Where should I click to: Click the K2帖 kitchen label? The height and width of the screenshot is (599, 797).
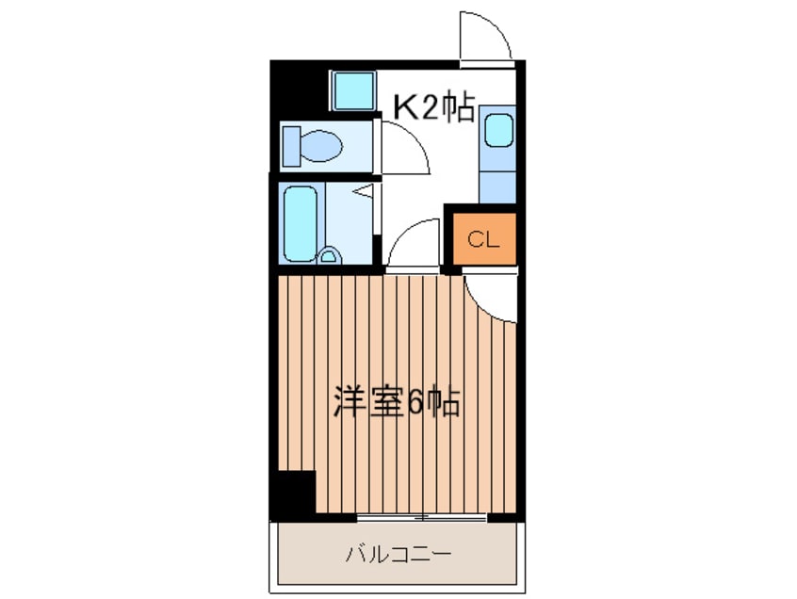pos(432,108)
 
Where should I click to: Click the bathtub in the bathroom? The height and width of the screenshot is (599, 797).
pos(301,225)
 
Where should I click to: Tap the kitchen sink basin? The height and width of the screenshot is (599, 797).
pos(498,131)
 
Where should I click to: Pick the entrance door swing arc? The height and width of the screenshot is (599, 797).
pos(485,38)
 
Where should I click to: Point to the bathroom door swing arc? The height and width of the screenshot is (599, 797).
pos(415,243)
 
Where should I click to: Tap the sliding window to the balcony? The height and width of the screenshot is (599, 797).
pos(422,517)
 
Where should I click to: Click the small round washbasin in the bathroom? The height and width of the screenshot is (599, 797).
pos(329,255)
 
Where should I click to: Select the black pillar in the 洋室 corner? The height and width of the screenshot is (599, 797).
pos(294,492)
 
